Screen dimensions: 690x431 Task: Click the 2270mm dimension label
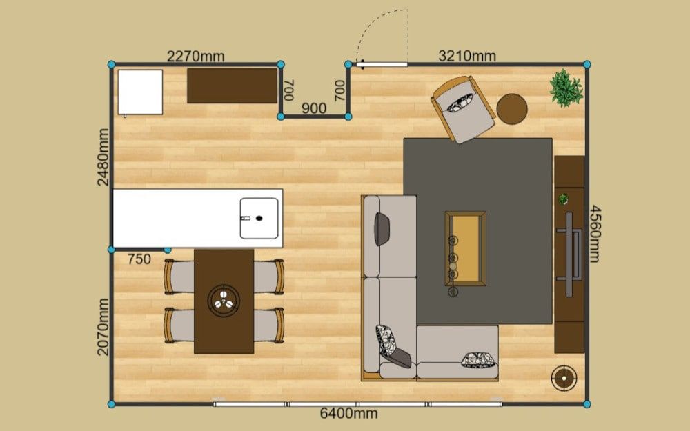pos(196,57)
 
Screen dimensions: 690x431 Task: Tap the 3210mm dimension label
pos(467,56)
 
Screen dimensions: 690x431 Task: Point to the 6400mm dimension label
pos(348,413)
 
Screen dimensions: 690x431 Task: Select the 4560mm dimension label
pos(595,234)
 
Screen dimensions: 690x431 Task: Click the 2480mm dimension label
pos(103,157)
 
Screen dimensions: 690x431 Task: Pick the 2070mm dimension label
pos(103,327)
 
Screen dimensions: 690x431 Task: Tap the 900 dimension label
pos(314,108)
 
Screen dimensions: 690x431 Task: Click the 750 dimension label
pos(139,259)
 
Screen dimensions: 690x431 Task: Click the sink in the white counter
pos(259,218)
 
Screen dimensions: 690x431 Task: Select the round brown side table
pos(512,109)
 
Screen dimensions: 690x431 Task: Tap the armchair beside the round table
pos(463,109)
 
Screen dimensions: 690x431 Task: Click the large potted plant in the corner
pos(566,88)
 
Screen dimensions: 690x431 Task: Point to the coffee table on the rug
pos(465,248)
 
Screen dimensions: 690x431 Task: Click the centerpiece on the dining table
pos(224,301)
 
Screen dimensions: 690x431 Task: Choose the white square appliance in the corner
pos(140,92)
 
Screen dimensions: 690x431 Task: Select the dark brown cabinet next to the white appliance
pos(233,86)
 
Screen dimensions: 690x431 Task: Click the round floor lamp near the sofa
pos(564,378)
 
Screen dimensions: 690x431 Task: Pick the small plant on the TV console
pos(563,199)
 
